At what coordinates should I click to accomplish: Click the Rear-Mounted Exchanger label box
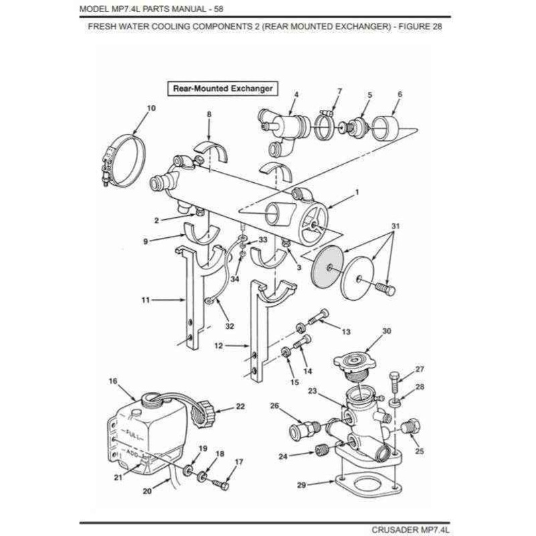pyautogui.click(x=222, y=89)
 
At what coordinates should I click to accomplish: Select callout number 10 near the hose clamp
pyautogui.click(x=151, y=109)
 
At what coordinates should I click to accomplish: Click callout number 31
pyautogui.click(x=395, y=226)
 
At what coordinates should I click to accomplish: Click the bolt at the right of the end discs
pyautogui.click(x=386, y=289)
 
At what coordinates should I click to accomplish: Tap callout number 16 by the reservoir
pyautogui.click(x=113, y=381)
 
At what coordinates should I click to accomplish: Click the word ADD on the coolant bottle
pyautogui.click(x=133, y=454)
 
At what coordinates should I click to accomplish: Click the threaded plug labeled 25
pyautogui.click(x=410, y=426)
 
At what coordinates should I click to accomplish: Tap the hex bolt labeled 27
pyautogui.click(x=394, y=382)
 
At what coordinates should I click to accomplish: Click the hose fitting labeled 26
pyautogui.click(x=305, y=428)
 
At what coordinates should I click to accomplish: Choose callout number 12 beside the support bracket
pyautogui.click(x=218, y=346)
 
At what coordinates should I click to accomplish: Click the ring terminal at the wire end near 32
pyautogui.click(x=209, y=301)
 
